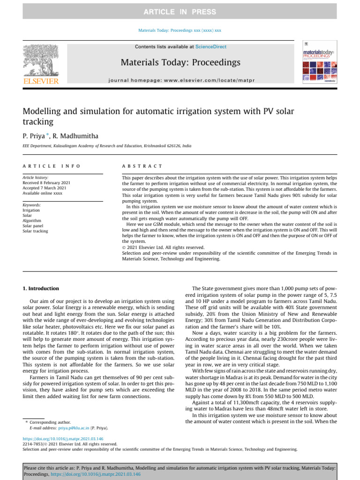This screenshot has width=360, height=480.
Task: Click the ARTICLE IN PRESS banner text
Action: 180,12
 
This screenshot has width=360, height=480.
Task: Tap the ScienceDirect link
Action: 211,47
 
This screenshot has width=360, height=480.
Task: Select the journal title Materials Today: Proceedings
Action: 180,62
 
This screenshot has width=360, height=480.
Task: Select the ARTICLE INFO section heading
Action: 52,166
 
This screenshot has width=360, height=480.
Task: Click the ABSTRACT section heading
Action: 142,166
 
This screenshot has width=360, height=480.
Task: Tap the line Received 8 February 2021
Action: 46,183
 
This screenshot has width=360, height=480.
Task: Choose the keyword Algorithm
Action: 32,221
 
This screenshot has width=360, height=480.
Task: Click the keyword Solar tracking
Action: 35,231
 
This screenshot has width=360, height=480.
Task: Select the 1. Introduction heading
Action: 41,289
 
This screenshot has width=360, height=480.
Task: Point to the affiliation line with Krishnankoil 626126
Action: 107,146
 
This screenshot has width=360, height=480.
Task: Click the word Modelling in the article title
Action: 42,112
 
